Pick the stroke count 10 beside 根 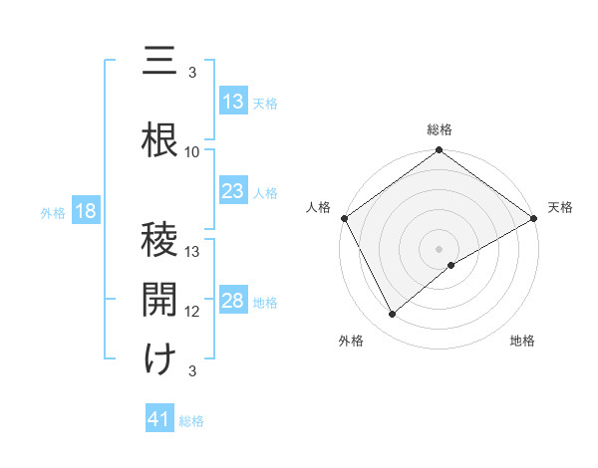192,152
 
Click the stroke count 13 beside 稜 192,252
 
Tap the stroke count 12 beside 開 192,312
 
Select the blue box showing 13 233,102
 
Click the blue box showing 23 233,191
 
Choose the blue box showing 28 233,302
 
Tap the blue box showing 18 85,212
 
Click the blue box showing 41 160,420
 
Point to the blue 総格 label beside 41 191,421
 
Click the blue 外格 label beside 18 53,213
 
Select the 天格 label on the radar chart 560,207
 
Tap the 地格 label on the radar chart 522,341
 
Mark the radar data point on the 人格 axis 344,218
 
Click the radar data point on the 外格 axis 393,315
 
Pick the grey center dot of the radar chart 439,248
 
